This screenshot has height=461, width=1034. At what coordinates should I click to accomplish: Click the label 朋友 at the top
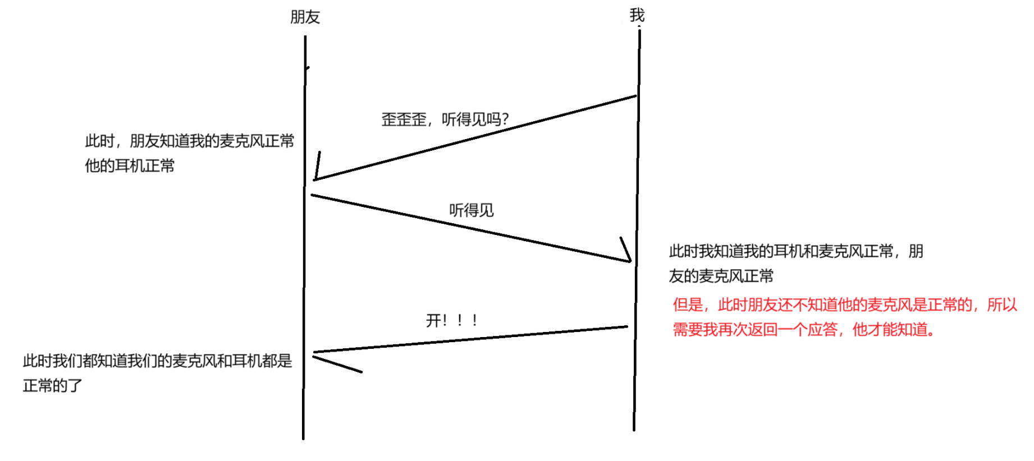point(305,17)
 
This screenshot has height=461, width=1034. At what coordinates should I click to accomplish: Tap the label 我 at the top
point(637,15)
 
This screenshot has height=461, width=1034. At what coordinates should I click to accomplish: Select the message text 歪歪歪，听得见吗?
point(445,119)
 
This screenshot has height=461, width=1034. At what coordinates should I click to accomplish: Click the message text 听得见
point(471,210)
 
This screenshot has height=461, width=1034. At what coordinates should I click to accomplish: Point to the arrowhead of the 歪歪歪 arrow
point(315,179)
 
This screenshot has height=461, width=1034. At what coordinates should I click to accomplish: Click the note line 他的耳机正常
point(130,166)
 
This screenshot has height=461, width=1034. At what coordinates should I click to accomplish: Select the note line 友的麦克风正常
point(721,276)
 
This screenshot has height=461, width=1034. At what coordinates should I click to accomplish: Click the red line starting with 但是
point(845,305)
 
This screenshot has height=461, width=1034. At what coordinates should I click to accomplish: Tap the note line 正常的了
point(53,386)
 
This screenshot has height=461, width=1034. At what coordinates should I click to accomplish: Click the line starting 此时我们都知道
point(157,361)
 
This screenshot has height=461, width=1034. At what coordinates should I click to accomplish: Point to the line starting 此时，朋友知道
point(189,141)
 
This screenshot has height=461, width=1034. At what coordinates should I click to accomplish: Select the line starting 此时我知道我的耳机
point(796,251)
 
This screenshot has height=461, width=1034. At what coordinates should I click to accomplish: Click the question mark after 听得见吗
point(505,119)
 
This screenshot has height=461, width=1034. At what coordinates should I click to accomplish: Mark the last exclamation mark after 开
point(475,321)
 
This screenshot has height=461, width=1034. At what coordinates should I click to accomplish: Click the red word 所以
point(1002,305)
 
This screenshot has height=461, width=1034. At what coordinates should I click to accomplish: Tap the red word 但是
point(688,305)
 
